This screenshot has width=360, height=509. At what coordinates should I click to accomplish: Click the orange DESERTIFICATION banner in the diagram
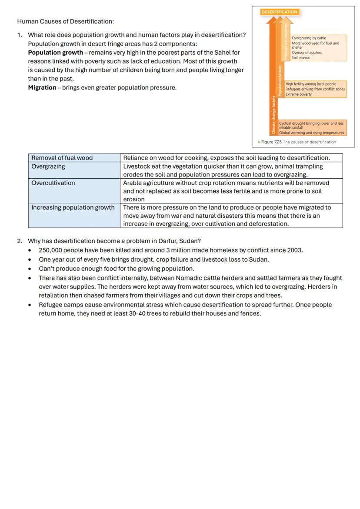tap(280, 12)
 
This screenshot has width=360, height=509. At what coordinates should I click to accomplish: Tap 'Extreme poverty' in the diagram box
tap(298, 94)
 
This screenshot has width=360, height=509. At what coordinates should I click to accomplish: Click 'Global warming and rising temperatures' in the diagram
tap(311, 133)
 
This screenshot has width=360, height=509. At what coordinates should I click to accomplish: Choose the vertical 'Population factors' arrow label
tap(280, 80)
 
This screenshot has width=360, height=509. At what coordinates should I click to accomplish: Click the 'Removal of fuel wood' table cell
tap(62, 158)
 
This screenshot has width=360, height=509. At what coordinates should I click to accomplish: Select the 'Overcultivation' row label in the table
tap(53, 183)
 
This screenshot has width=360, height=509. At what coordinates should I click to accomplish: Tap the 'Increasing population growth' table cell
tap(73, 208)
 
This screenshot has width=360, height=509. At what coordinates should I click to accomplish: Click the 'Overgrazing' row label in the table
tap(48, 166)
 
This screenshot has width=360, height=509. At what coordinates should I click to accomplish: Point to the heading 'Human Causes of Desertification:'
tap(66, 21)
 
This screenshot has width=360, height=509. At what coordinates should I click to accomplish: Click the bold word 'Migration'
tap(42, 88)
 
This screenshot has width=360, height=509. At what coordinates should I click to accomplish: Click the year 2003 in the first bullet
tap(295, 250)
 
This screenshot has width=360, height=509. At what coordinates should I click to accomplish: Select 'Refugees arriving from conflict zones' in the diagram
tap(315, 89)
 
